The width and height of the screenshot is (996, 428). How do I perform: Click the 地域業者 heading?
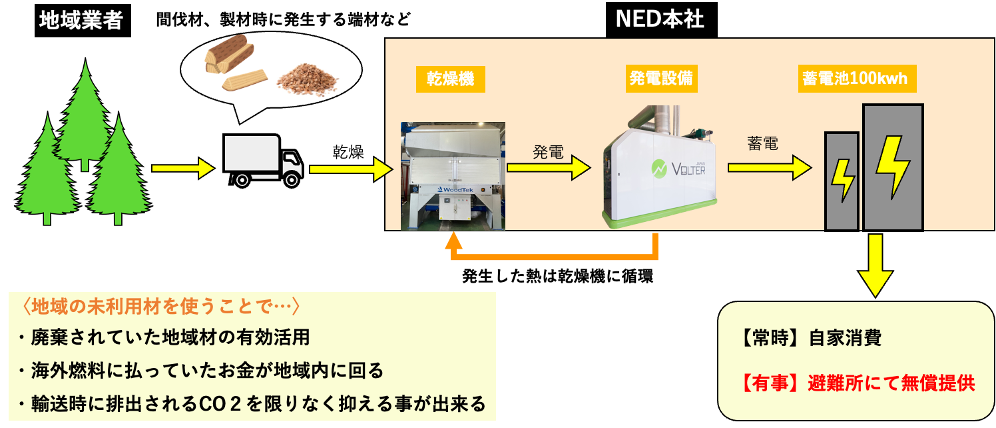pyautogui.click(x=81, y=21)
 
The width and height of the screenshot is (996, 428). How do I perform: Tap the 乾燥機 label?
pyautogui.click(x=450, y=80)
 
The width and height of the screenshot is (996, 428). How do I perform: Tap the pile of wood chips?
pyautogui.click(x=308, y=79)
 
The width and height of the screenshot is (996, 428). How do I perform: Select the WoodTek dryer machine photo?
pyautogui.click(x=452, y=175)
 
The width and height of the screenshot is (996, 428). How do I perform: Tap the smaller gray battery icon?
pyautogui.click(x=842, y=181)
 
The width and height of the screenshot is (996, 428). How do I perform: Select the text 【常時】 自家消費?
pyautogui.click(x=810, y=338)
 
